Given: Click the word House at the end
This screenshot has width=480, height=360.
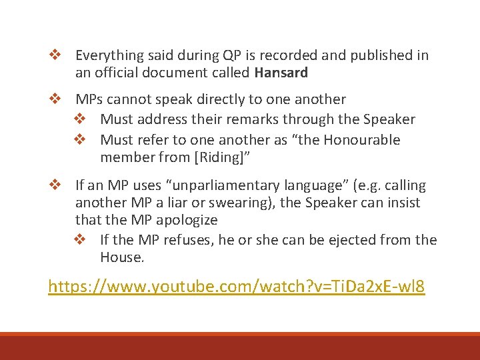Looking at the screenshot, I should pyautogui.click(x=121, y=257).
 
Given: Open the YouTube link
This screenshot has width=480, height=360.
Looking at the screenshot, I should pyautogui.click(x=236, y=287).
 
